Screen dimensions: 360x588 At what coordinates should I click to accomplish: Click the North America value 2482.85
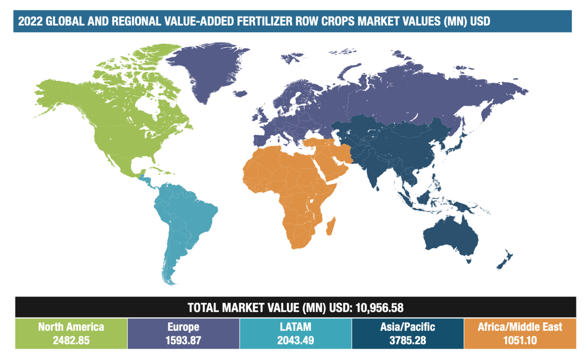[x=71, y=340]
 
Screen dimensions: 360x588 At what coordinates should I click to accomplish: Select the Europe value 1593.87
[x=183, y=340]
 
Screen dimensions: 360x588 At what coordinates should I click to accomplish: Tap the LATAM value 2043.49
[x=295, y=340]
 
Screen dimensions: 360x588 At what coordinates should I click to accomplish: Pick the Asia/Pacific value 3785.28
[x=408, y=340]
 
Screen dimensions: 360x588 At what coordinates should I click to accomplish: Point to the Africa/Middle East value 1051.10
[x=520, y=340]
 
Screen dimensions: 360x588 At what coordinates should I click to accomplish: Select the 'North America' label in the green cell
[x=71, y=327]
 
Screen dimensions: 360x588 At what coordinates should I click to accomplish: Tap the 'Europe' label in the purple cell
[x=183, y=327]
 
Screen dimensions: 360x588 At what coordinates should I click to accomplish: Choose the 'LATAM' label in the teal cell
[x=295, y=327]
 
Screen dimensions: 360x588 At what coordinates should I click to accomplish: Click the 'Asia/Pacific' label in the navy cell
[x=408, y=327]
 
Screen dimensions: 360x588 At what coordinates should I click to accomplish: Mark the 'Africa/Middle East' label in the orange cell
[x=520, y=327]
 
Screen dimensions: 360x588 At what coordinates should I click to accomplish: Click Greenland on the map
[x=209, y=68]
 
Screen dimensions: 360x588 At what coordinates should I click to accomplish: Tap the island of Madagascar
[x=331, y=226]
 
